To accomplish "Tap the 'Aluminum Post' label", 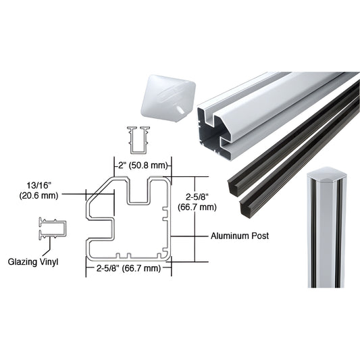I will click(239, 236).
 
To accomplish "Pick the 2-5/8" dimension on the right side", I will click(197, 197).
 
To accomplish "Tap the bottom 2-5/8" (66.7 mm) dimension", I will click(128, 268).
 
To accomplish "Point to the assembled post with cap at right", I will click(328, 230).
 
